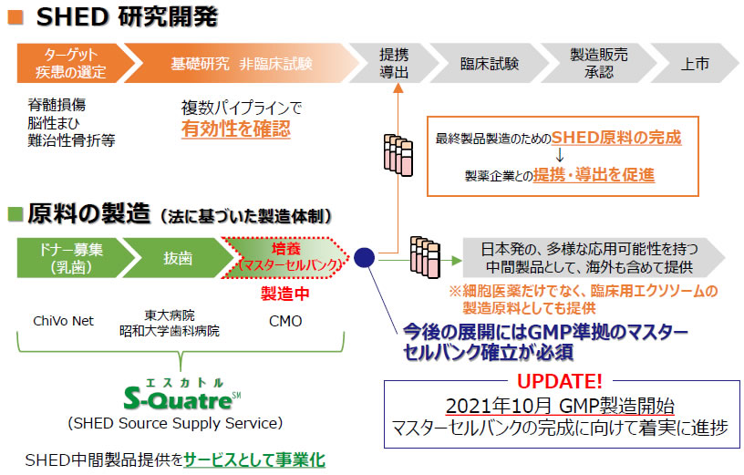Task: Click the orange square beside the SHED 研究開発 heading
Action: point(15,17)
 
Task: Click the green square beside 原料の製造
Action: point(15,214)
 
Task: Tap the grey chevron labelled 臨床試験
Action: point(489,63)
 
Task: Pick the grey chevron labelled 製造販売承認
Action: point(599,63)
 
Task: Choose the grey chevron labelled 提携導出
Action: point(394,63)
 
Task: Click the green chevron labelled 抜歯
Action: point(178,258)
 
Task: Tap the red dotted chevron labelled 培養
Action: point(286,258)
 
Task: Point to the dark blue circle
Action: point(365,258)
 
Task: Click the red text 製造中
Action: point(284,294)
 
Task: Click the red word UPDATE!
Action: point(560,381)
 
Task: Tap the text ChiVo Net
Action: point(63,321)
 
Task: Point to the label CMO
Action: point(285,321)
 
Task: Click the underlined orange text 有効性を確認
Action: point(236,129)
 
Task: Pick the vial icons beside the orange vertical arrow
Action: point(398,155)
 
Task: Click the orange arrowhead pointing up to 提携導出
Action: point(398,88)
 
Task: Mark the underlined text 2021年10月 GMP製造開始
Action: point(560,407)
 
